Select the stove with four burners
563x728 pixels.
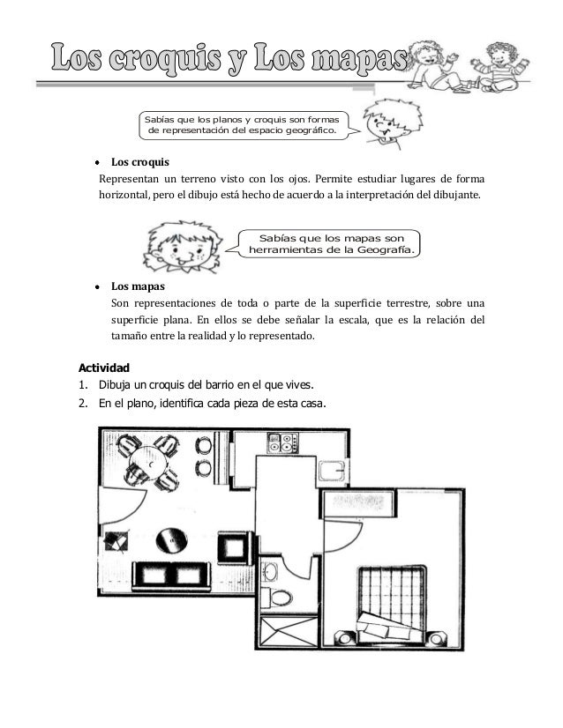284,442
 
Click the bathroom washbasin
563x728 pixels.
273,573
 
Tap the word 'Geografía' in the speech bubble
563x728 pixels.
380,250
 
